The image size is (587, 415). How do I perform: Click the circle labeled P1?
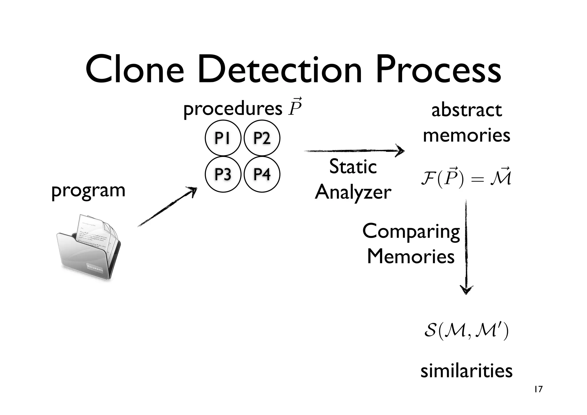(223, 138)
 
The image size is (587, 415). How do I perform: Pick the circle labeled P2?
(262, 138)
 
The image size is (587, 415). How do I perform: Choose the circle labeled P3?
(223, 174)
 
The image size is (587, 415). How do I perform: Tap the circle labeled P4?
(262, 174)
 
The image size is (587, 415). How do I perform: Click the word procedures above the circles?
(233, 109)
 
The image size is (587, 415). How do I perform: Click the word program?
(88, 191)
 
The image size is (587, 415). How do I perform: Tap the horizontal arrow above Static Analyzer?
(354, 151)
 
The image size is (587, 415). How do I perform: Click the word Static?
(353, 167)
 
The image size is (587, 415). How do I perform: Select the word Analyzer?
(353, 192)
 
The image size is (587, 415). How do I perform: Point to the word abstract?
(466, 110)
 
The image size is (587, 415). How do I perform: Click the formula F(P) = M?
(466, 178)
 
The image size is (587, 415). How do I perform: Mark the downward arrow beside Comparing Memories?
(466, 247)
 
